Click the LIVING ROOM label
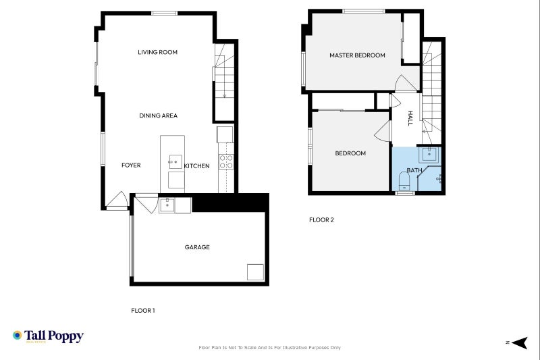tap(157, 52)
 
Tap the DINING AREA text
tap(158, 115)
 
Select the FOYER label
tap(131, 165)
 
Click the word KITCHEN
tap(197, 166)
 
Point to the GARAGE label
tap(197, 247)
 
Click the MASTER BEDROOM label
tap(357, 55)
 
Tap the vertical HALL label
tap(410, 119)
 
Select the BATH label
tap(414, 171)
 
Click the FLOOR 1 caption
tap(143, 311)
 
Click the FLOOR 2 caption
tap(321, 220)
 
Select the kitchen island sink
tap(175, 161)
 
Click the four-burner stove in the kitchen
tap(226, 161)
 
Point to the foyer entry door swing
tap(117, 201)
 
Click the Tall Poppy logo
tap(48, 336)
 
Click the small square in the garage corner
tap(255, 272)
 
